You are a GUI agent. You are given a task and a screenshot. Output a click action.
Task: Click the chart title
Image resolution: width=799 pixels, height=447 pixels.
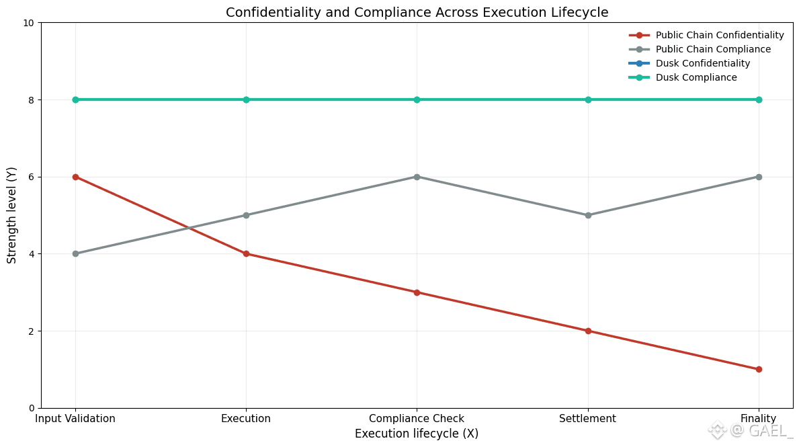[417, 12]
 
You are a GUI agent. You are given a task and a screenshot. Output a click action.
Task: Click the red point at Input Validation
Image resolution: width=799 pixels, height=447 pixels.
[75, 177]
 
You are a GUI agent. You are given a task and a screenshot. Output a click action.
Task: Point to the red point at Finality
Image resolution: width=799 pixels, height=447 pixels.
[759, 369]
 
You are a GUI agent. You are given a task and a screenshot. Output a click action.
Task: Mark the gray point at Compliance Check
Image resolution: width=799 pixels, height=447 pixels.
[417, 177]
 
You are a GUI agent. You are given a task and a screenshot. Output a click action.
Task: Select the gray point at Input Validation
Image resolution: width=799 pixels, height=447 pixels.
[75, 253]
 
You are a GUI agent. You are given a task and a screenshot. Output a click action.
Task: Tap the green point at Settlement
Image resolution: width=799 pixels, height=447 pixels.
[588, 99]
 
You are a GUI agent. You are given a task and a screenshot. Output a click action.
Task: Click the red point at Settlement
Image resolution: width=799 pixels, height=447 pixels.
[588, 331]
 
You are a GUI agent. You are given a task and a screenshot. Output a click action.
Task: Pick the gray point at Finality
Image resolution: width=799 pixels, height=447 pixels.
[759, 177]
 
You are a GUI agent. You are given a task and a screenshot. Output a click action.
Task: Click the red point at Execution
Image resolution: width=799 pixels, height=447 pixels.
[246, 253]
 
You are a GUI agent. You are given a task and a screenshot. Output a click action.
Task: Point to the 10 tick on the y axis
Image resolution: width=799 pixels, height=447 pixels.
[29, 23]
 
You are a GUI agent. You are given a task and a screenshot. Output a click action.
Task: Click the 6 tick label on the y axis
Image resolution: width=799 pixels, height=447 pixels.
[32, 177]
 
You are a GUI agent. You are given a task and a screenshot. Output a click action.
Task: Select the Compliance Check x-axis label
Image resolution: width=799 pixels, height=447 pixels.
[417, 419]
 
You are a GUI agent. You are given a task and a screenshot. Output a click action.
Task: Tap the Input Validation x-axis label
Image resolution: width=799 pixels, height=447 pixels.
[75, 419]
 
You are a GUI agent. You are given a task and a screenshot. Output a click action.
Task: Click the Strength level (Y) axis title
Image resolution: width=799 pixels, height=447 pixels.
[12, 215]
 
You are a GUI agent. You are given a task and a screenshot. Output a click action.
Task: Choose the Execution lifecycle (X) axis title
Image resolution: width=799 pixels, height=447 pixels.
[417, 434]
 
